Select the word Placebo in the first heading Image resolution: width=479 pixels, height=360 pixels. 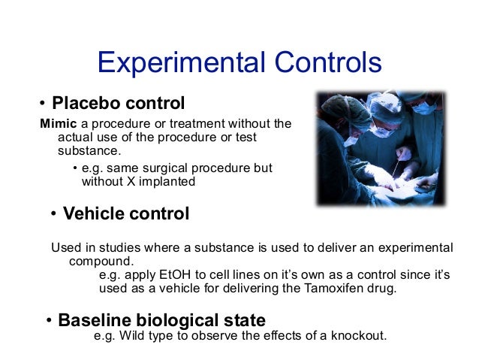(x=83, y=101)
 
